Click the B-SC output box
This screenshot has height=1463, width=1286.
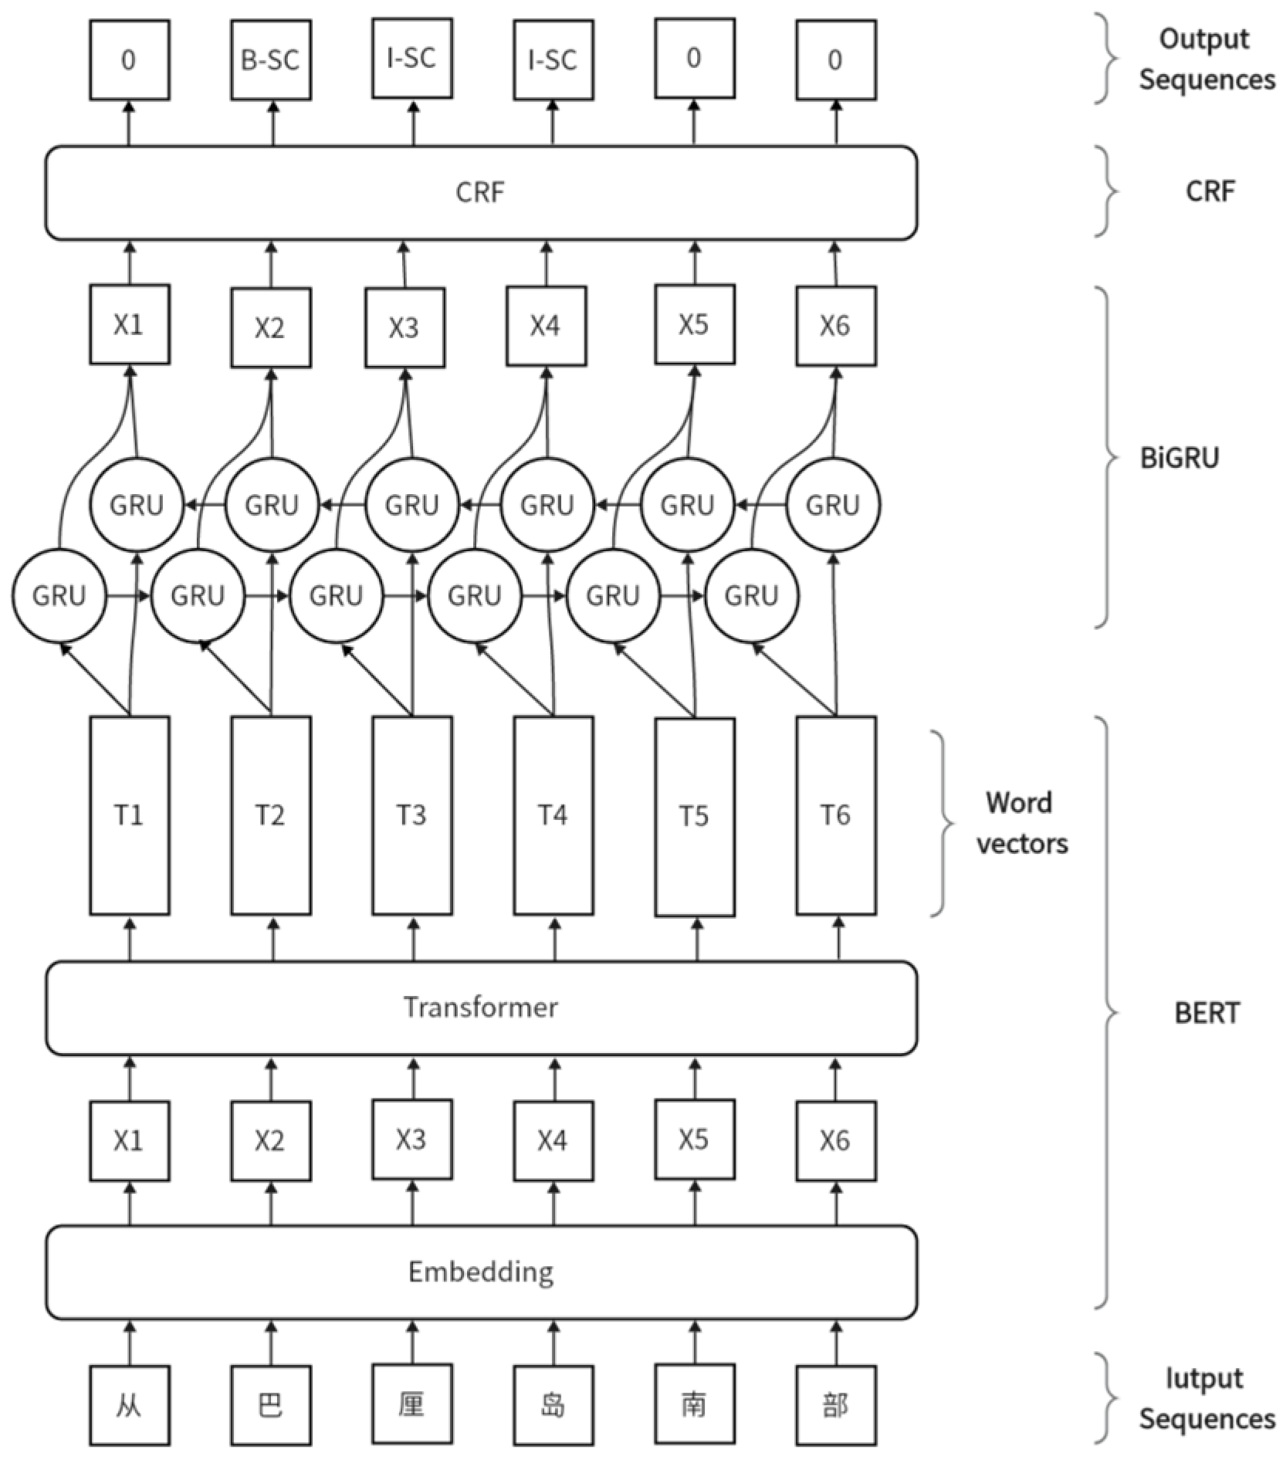point(270,60)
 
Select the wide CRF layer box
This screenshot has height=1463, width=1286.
point(480,192)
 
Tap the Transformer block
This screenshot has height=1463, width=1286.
point(480,1008)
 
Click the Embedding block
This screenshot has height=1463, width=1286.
point(480,1272)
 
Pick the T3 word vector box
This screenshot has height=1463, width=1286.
point(411,815)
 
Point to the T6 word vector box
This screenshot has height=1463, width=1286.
point(835,815)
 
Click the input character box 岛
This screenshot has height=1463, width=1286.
point(553,1404)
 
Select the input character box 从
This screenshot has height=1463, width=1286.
point(129,1404)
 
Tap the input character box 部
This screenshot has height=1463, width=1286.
point(835,1404)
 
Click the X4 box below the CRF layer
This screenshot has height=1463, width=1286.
point(545,326)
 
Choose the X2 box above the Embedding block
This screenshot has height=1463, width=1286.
point(270,1140)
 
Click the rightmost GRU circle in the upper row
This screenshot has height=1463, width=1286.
point(833,505)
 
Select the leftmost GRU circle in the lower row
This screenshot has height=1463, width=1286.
point(59,595)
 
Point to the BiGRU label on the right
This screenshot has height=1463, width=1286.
point(1179,458)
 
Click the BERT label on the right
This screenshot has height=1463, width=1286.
point(1206,1012)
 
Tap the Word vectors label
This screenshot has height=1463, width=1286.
point(1020,823)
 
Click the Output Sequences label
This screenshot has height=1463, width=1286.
point(1206,59)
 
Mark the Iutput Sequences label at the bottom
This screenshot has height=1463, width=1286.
point(1206,1398)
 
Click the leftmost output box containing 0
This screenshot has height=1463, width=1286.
point(129,60)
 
